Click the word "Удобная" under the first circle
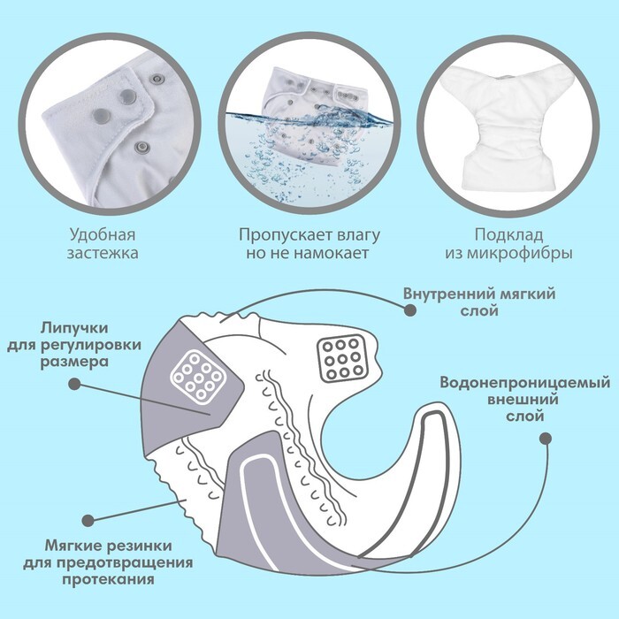(103, 234)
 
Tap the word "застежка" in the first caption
(103, 253)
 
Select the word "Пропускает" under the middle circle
(280, 235)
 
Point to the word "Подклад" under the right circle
(508, 235)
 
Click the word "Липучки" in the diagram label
(74, 328)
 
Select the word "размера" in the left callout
(74, 363)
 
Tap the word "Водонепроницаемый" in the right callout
(525, 383)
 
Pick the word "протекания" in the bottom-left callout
(108, 579)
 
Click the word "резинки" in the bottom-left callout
(140, 546)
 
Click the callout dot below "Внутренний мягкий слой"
(410, 310)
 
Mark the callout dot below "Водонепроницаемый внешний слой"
(546, 439)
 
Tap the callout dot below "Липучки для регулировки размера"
(74, 384)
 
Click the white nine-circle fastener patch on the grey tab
(196, 377)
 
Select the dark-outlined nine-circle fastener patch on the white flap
(342, 359)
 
